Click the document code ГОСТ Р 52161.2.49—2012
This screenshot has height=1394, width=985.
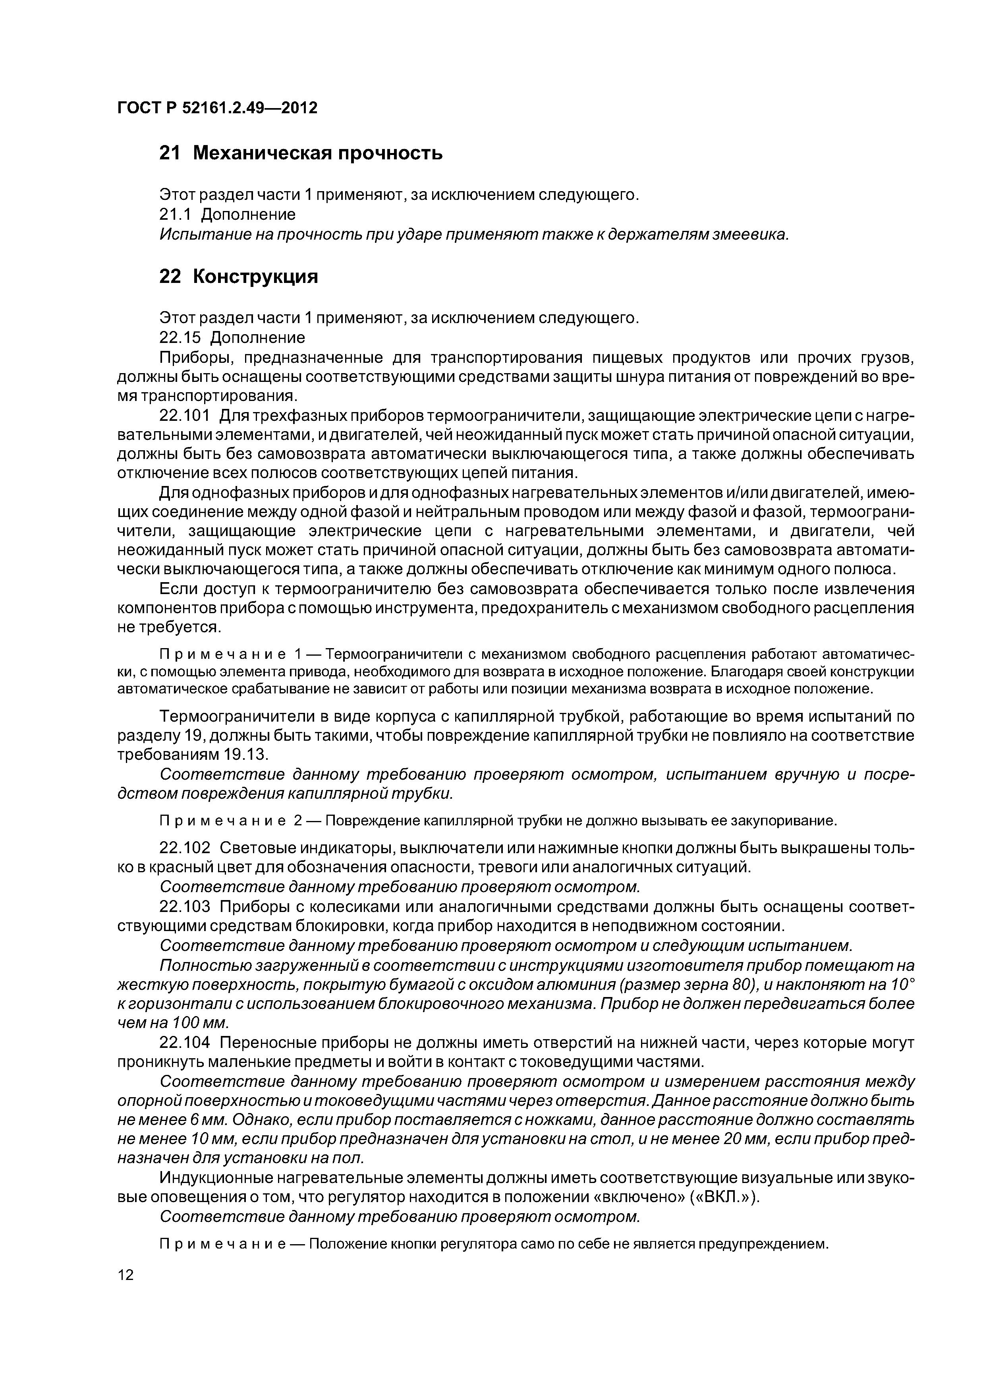[x=217, y=108]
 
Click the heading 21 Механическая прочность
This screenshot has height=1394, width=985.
[x=300, y=154]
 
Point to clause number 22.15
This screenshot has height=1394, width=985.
[x=180, y=337]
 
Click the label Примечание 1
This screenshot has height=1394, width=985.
[x=230, y=654]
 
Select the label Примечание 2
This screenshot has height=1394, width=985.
[x=230, y=821]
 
